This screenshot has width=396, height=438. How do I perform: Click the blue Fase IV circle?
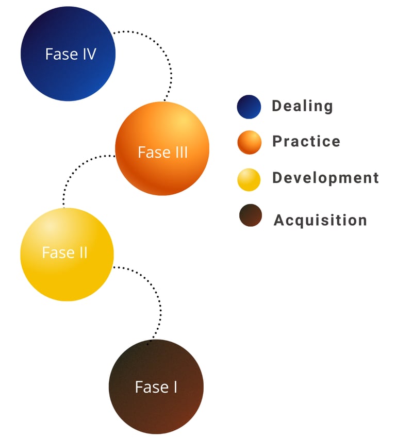coord(68,72)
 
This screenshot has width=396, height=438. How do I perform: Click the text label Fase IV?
coord(71,54)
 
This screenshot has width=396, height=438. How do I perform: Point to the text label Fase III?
coord(162,153)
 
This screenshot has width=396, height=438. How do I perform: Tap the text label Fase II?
coord(64,253)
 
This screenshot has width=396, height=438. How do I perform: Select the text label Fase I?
coord(156,387)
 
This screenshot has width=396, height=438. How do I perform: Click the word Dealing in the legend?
coord(302,106)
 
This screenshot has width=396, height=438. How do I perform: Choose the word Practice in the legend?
coord(306,141)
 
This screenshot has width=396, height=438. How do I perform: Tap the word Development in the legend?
coord(325,178)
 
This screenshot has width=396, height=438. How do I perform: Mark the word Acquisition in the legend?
coord(320,220)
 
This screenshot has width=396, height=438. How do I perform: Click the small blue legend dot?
coord(249,107)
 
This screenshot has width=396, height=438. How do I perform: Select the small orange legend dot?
coord(250,142)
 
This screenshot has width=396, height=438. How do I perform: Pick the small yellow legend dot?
coord(249,179)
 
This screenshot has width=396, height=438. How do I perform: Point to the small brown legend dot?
coord(251,215)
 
